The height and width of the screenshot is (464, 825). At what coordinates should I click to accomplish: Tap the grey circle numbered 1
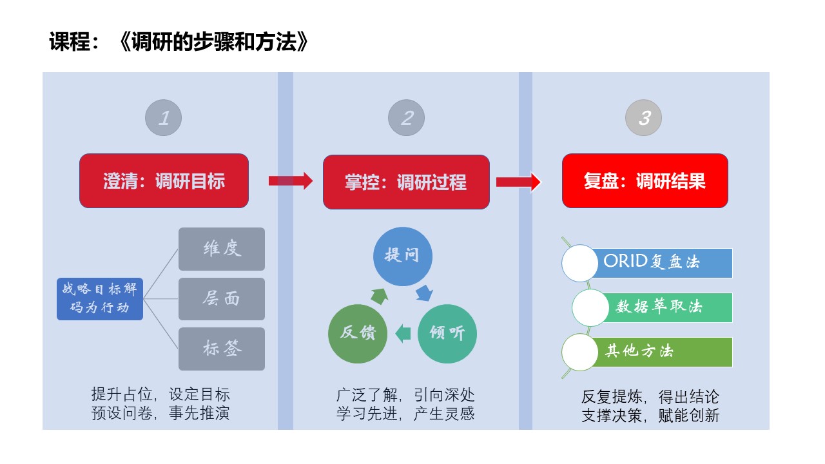164,118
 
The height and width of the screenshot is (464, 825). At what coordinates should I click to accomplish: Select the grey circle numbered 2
406,118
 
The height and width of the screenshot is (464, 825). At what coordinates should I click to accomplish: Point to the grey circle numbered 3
644,118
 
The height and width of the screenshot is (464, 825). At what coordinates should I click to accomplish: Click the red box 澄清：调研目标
164,181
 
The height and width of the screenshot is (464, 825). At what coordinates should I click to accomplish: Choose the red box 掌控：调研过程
406,182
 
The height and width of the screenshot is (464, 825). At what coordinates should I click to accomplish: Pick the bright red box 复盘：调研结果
645,181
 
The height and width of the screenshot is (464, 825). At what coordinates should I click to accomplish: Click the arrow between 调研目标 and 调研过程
290,181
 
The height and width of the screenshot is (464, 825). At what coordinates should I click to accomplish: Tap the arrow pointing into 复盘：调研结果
518,182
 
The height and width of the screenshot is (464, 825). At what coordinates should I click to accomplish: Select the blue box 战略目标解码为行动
99,299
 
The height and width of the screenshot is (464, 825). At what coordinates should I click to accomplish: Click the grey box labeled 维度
222,249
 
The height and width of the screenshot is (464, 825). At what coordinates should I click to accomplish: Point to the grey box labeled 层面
222,299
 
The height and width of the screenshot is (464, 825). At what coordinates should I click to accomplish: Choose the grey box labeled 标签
222,349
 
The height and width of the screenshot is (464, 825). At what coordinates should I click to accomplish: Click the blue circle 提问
403,255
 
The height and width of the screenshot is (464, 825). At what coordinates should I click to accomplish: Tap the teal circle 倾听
447,333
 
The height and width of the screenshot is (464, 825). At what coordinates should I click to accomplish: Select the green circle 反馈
358,333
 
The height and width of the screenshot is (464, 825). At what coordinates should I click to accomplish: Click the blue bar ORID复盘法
661,262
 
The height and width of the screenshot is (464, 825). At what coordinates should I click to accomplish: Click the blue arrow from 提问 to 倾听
424,294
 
